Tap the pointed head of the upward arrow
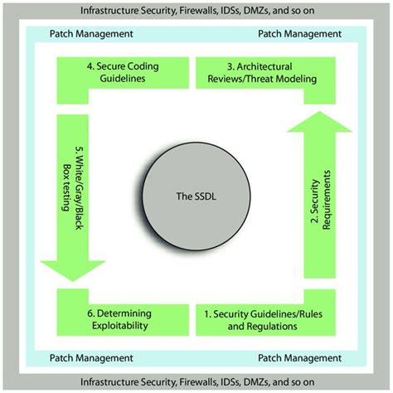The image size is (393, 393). point(318,121)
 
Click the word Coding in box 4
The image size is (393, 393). point(133,65)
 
